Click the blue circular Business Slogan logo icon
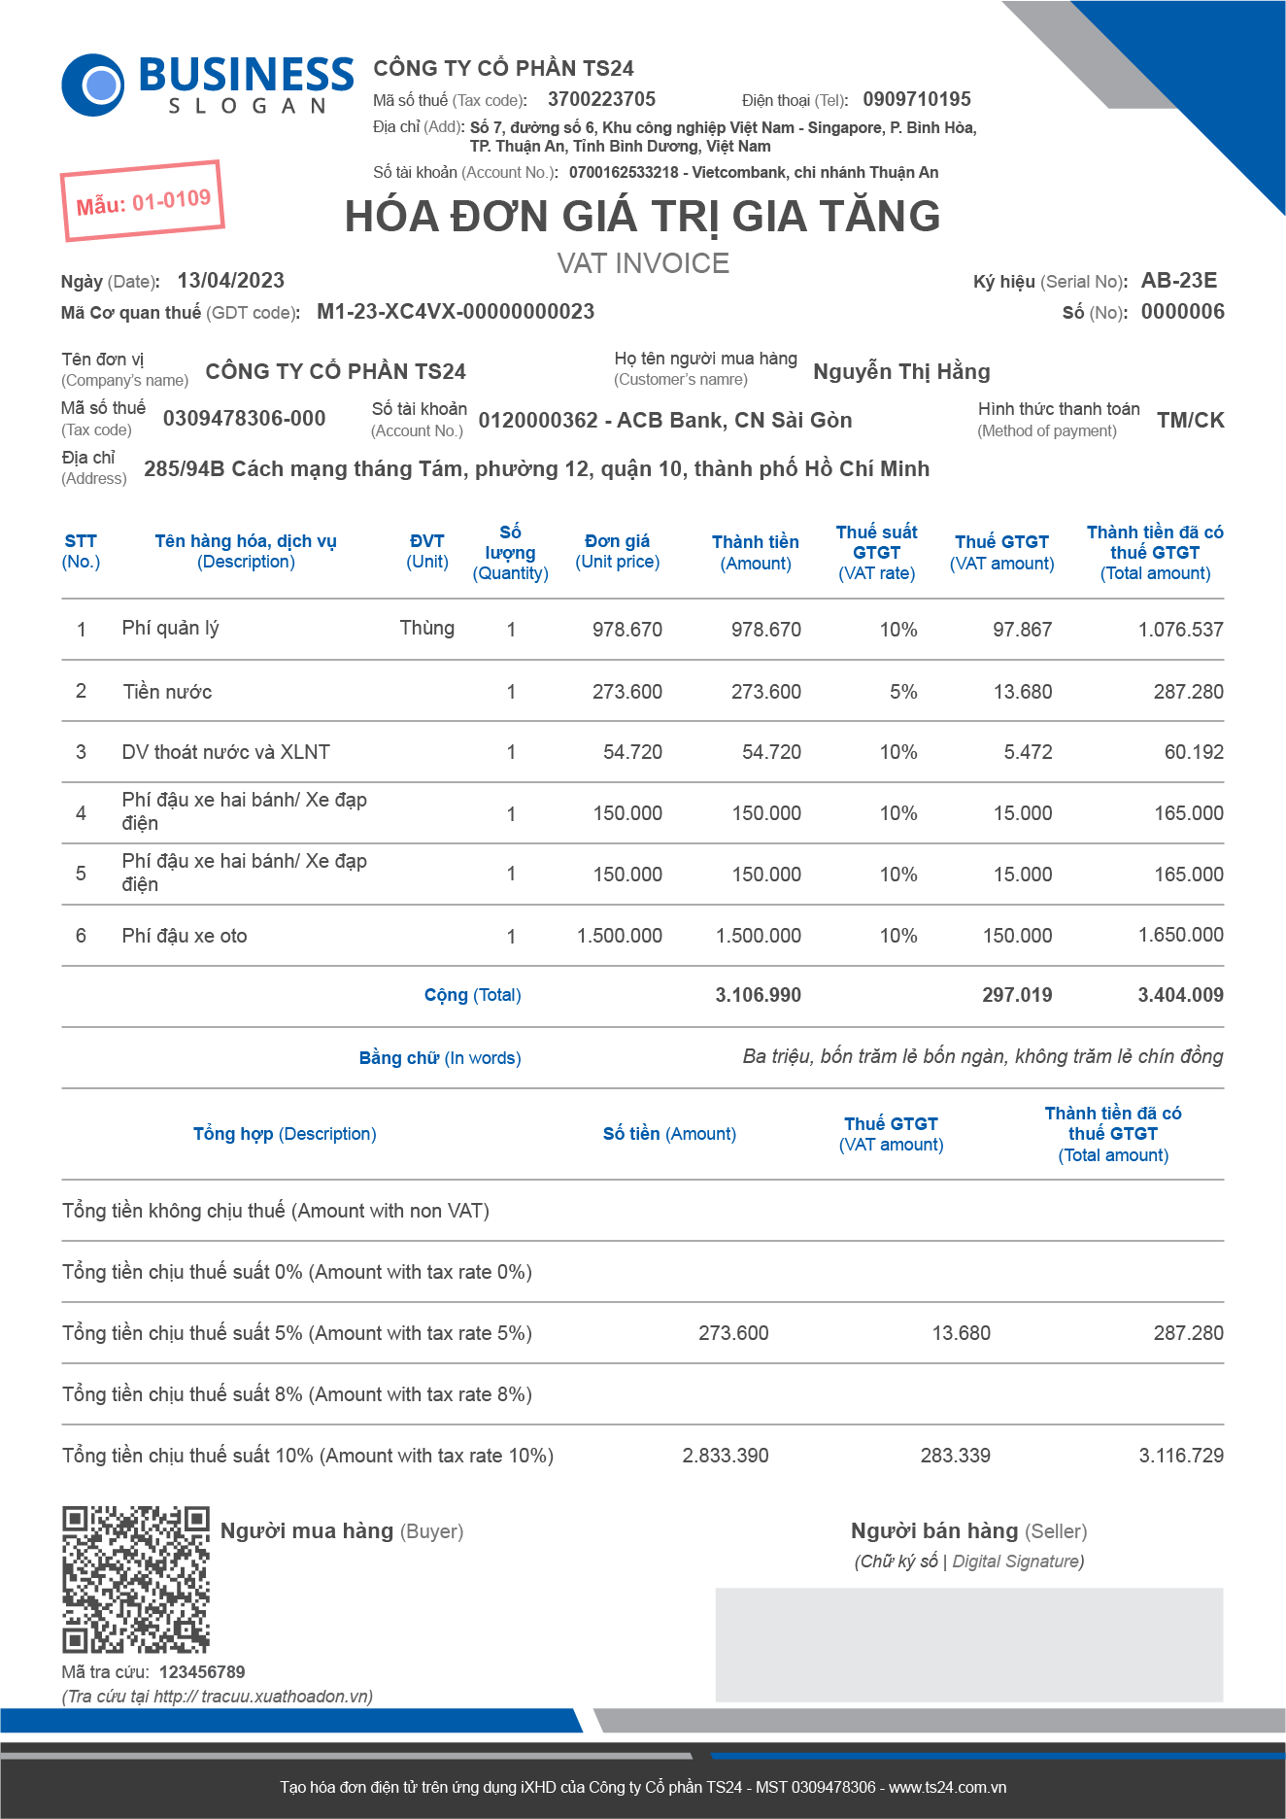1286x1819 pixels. coord(93,85)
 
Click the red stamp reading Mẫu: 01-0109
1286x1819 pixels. coord(143,201)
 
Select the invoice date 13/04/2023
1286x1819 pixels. coord(230,281)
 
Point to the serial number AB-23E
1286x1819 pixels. coord(1178,281)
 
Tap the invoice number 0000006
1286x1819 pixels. coord(1182,312)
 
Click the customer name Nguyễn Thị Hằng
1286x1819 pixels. coord(901,371)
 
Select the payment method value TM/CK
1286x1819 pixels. coord(1190,420)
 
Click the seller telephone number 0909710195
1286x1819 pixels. coord(916,99)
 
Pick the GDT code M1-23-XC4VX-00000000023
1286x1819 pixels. coord(456,312)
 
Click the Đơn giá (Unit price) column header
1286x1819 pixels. coord(617,551)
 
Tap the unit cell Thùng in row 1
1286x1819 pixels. coord(426,628)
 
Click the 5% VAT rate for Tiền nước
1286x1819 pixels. coord(903,692)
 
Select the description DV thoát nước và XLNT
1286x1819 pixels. coord(225,752)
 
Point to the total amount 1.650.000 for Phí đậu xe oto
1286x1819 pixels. coord(1180,935)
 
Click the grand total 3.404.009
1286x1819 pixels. coord(1180,995)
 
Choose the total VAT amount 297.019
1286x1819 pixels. coord(1016,995)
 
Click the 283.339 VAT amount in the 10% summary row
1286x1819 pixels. coord(955,1456)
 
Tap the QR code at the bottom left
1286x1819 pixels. coord(136,1580)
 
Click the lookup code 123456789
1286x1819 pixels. coord(202,1672)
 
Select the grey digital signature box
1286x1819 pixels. coord(968,1644)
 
